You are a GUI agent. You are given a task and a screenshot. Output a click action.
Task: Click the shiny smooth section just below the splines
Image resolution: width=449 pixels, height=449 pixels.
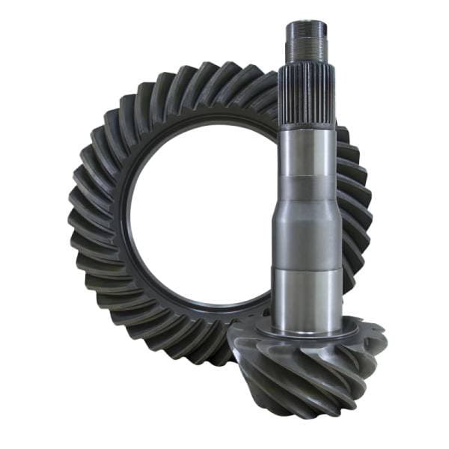pos(307,153)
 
